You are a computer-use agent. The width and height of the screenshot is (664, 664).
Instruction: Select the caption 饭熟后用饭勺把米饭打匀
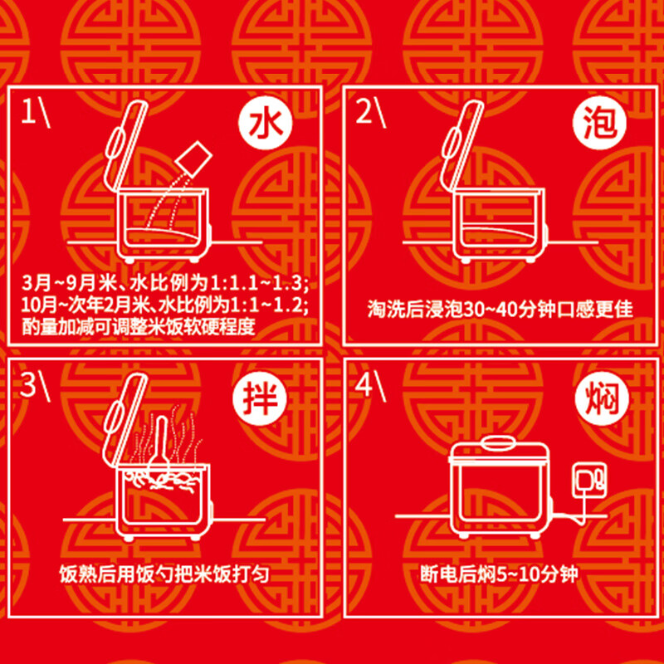tap(164, 574)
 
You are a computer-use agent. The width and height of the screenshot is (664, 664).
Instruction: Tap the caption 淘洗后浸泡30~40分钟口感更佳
tap(500, 310)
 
